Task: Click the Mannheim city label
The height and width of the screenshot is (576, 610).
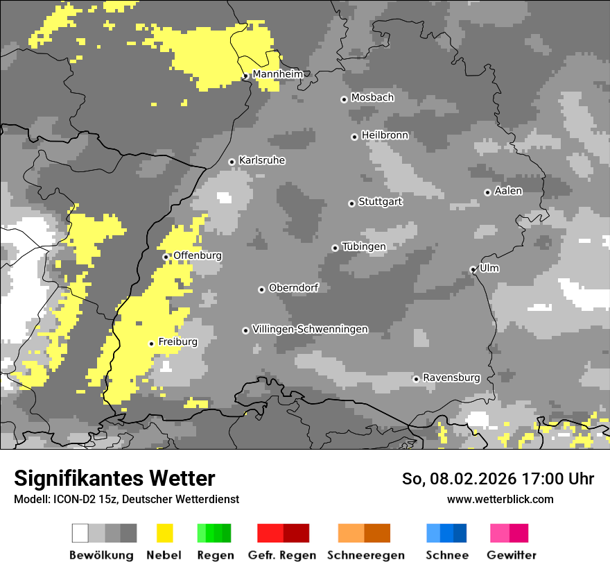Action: (277, 74)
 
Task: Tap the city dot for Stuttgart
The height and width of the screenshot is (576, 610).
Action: (351, 203)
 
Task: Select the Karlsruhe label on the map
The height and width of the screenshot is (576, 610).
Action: (262, 160)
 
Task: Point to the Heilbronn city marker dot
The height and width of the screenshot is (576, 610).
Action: (354, 137)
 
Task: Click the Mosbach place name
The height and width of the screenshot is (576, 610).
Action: (372, 98)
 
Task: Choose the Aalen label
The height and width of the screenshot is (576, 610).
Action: (508, 191)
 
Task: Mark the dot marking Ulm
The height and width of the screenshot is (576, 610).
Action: (473, 270)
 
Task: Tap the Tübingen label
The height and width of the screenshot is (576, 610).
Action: (364, 246)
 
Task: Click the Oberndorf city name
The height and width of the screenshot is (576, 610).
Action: (293, 288)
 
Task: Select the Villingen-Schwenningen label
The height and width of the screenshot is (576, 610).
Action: (310, 329)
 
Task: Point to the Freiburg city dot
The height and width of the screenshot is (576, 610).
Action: (151, 344)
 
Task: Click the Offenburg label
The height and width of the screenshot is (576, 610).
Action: (198, 255)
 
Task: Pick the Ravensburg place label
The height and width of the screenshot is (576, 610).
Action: (451, 378)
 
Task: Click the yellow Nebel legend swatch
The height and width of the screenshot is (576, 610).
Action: (164, 533)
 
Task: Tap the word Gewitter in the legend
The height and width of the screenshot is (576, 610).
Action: (512, 555)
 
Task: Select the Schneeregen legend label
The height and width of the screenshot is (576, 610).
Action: (366, 555)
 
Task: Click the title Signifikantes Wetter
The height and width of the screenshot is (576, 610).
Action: (114, 478)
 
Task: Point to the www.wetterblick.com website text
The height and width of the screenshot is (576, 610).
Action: (500, 499)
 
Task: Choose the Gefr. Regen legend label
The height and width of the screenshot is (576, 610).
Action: (282, 555)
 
